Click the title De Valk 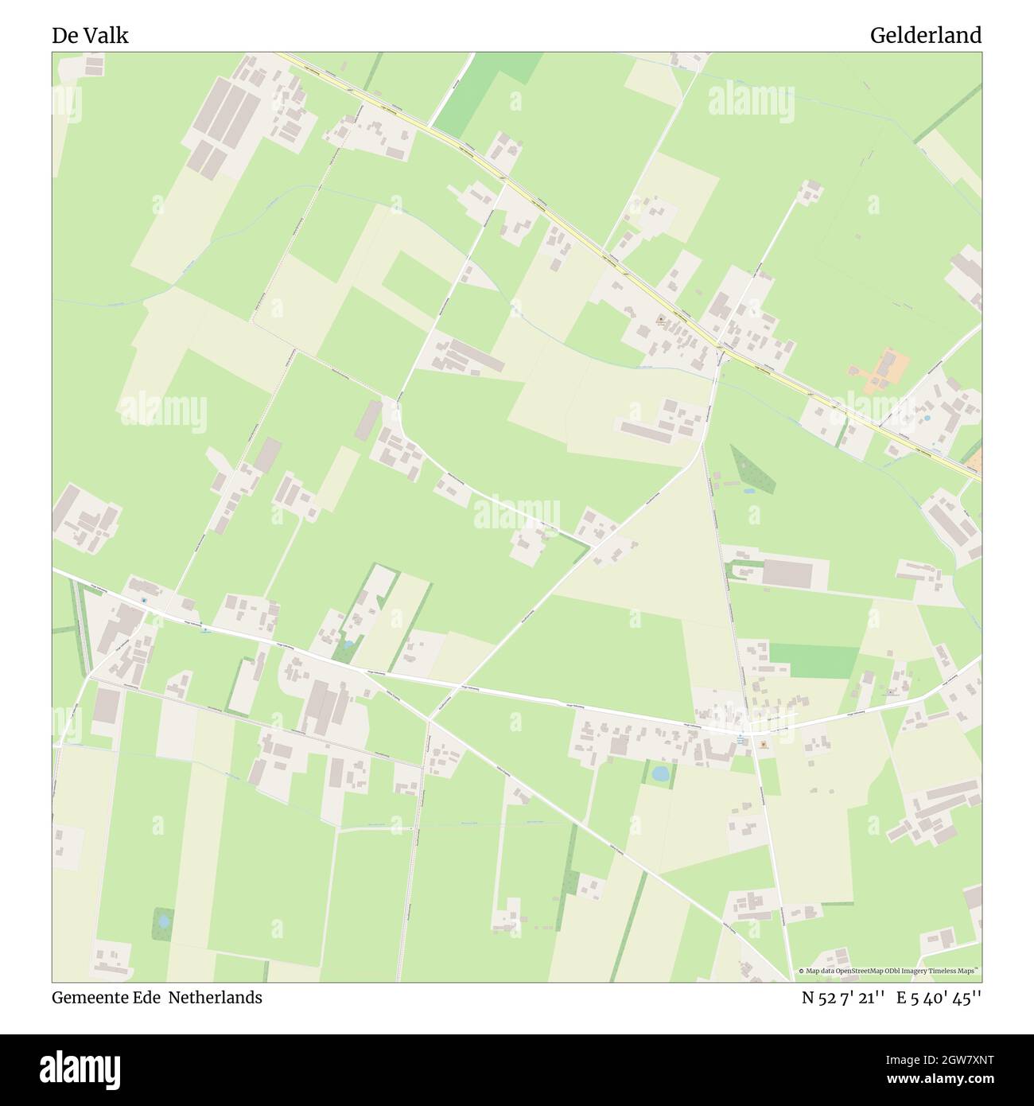pos(90,36)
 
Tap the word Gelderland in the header pos(925,36)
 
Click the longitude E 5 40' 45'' pos(939,997)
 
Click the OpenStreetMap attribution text pos(888,971)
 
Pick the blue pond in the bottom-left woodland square pos(164,921)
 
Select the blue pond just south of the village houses pos(659,772)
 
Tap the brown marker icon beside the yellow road pos(661,320)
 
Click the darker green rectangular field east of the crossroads pos(814,660)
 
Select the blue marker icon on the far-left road pos(144,601)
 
